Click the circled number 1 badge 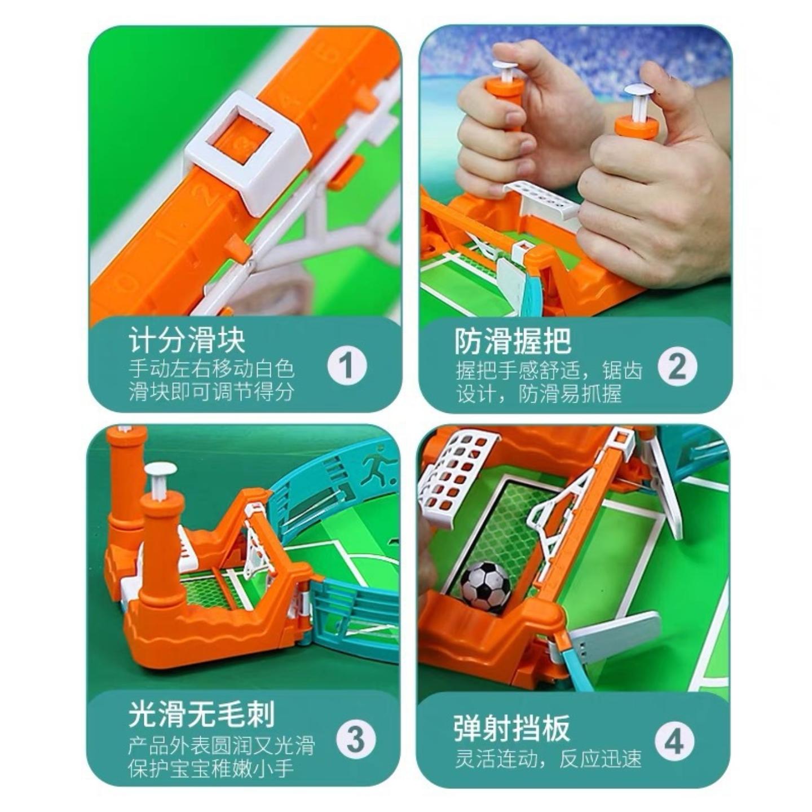point(347,366)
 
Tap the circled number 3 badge point(355,739)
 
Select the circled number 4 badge point(674,741)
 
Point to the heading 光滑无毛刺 point(201,714)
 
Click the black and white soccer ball point(486,585)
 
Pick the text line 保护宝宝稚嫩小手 point(211,767)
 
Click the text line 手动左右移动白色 point(211,370)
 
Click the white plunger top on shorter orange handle point(161,470)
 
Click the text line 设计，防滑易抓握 point(539,394)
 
